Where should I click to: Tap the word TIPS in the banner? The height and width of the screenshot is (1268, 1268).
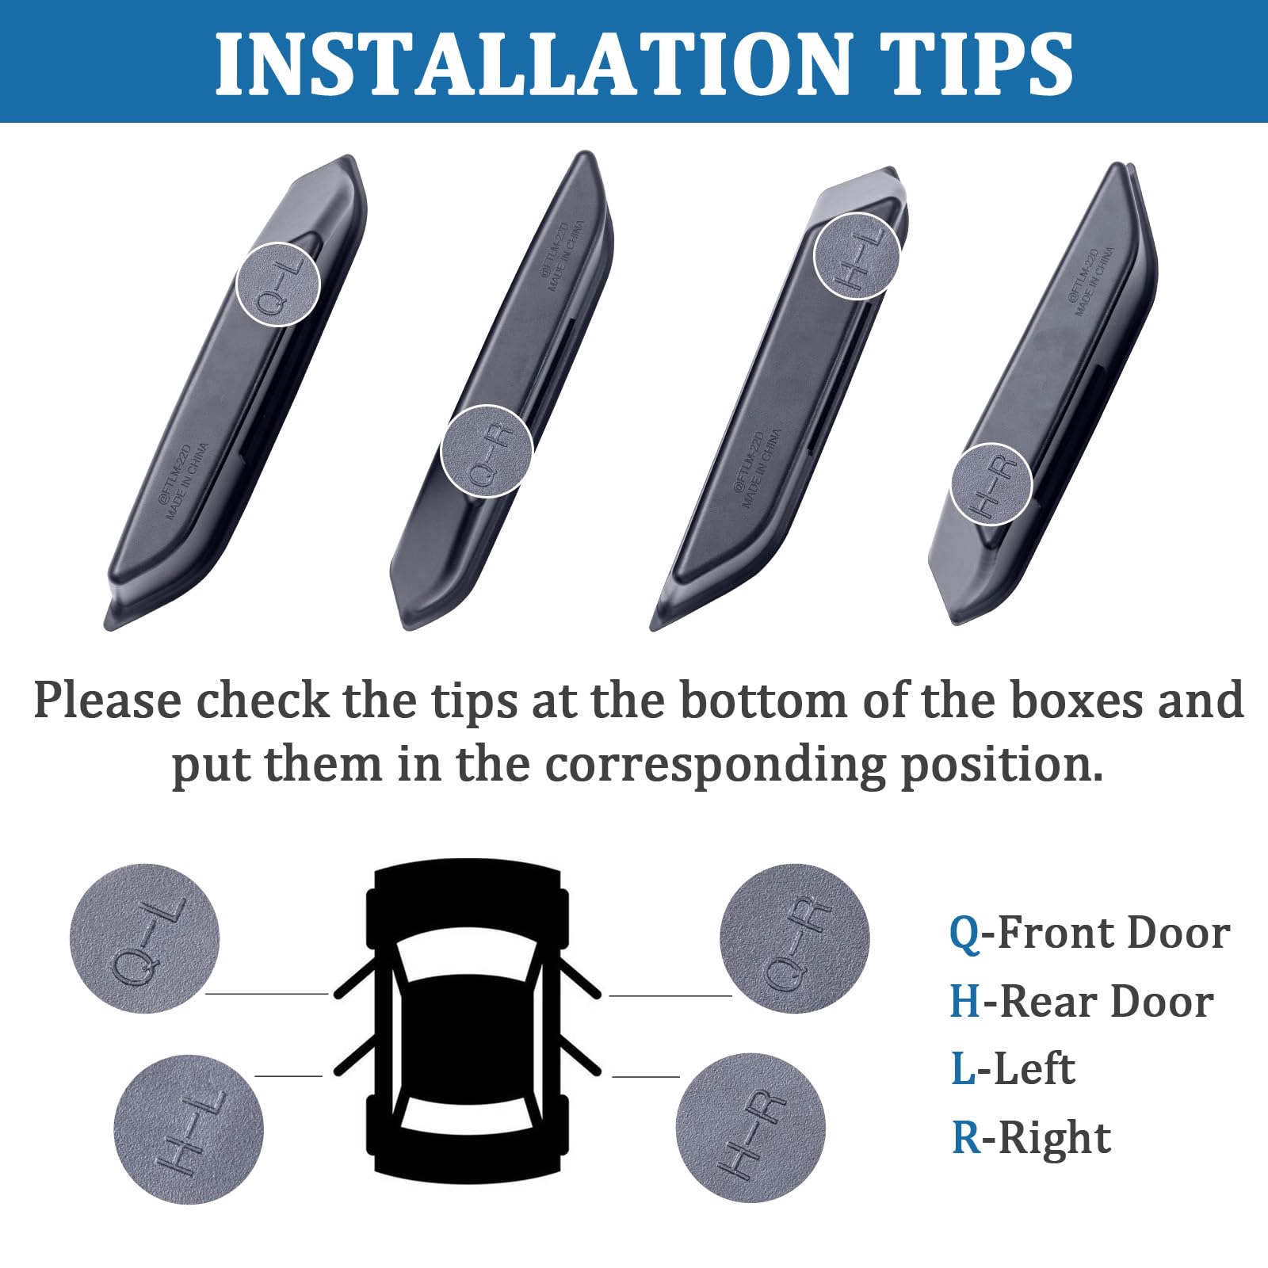[975, 63]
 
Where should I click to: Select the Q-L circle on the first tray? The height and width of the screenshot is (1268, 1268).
[278, 284]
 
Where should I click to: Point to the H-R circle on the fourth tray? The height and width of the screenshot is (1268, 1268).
[991, 483]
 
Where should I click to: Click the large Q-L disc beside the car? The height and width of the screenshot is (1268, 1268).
[144, 939]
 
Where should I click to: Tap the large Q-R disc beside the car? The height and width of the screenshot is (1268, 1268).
[794, 939]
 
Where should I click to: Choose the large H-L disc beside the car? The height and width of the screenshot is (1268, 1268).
[189, 1129]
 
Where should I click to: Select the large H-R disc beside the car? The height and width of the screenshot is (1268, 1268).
[750, 1129]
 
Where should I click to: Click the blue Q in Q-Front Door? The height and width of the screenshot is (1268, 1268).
[964, 933]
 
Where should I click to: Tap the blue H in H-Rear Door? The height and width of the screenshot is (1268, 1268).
[965, 1002]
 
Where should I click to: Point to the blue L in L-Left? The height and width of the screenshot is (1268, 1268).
[963, 1069]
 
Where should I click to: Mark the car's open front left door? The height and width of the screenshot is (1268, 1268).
[354, 979]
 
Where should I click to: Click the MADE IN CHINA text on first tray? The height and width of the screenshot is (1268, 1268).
[188, 482]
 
